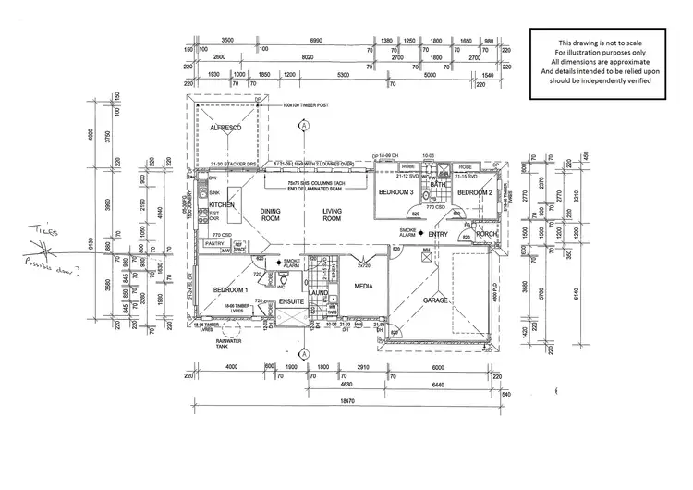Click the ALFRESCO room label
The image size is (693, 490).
tap(225, 128)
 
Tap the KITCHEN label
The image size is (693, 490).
tap(221, 204)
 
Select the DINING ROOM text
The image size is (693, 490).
tap(270, 214)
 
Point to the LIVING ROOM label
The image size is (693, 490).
tap(332, 214)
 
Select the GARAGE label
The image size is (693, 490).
tap(435, 300)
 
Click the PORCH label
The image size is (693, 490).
tap(487, 235)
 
